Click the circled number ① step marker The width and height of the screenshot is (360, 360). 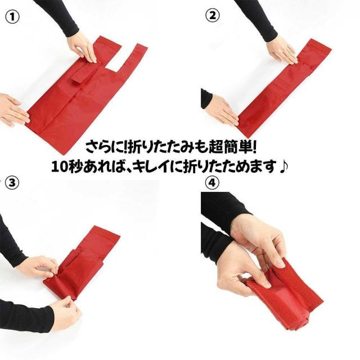12,17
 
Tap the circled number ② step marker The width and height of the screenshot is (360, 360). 213,16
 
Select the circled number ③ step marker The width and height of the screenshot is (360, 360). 12,183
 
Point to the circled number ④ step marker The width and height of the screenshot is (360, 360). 212,183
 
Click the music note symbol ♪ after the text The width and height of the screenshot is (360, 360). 283,166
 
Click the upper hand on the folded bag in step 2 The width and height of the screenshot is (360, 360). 283,50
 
